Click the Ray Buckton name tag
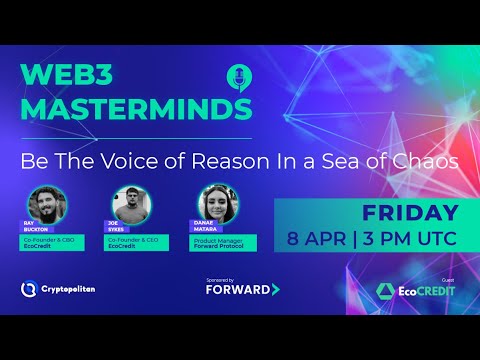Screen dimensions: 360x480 tap(34, 228)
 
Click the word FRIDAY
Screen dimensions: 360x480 tap(410, 213)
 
